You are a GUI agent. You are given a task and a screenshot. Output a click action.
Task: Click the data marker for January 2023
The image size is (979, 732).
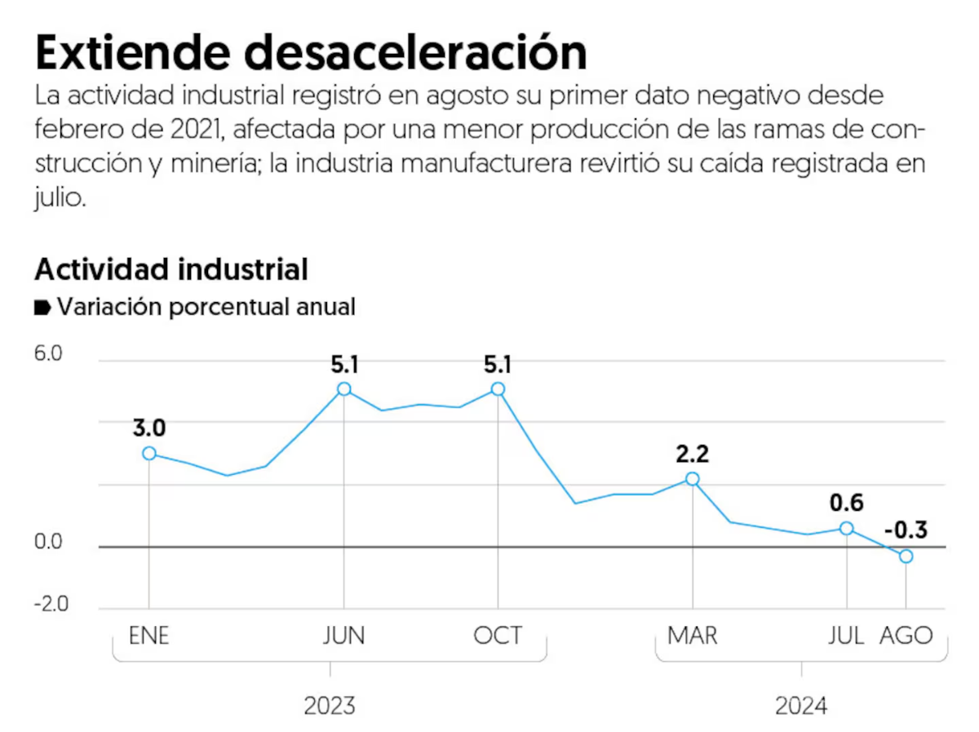pos(148,453)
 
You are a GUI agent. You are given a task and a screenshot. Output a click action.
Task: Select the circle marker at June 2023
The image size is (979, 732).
pos(344,389)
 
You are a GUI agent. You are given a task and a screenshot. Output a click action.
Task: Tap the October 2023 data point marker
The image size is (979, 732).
pos(498,389)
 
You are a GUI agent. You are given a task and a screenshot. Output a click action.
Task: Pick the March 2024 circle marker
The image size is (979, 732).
pos(693,479)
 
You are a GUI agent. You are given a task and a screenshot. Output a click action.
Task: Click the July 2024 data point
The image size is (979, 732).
pos(847,528)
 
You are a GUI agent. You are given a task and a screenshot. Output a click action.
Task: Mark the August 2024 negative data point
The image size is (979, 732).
pos(906,557)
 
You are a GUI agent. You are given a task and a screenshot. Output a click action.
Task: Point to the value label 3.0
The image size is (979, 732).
pos(149,428)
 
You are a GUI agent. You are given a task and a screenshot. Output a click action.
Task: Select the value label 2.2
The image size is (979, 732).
pos(693,453)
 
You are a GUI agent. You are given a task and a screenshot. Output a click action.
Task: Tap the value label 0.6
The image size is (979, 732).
pos(846,503)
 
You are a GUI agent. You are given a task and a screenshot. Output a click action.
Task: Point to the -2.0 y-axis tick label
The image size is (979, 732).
pos(50,605)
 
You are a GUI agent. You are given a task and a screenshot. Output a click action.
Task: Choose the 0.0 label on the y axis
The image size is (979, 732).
pos(48,543)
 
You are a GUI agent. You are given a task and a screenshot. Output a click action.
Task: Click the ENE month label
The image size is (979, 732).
pos(149,636)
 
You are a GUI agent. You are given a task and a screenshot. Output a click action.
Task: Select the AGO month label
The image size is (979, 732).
pos(906,636)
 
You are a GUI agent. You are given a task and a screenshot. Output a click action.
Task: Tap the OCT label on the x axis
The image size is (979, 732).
pos(498,636)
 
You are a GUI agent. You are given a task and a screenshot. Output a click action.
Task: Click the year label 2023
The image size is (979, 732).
pos(330,706)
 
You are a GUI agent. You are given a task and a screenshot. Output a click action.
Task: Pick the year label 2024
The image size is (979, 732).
pos(801,706)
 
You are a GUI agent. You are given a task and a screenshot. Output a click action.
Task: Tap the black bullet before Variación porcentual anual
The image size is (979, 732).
pos(42,308)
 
